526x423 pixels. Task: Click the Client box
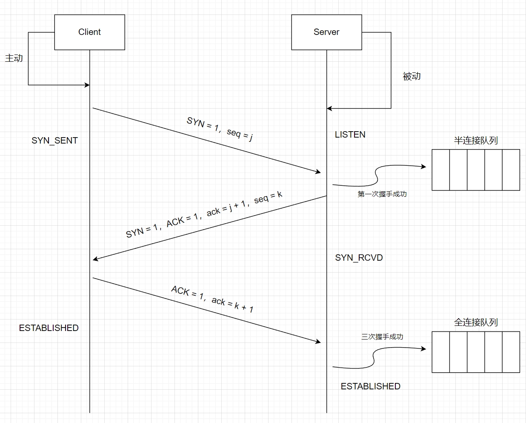click(89, 32)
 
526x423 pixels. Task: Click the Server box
click(326, 32)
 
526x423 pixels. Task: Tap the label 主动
click(14, 58)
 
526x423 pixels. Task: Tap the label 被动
click(412, 76)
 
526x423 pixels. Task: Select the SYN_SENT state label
click(54, 141)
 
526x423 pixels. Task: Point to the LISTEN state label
click(350, 135)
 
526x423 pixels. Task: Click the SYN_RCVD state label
click(359, 258)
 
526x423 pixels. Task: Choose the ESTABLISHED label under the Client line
click(49, 328)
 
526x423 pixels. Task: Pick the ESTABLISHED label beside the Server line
click(370, 386)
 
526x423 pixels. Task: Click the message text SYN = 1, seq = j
click(220, 128)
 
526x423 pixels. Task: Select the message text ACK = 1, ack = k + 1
click(212, 299)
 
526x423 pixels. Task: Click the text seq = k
click(269, 197)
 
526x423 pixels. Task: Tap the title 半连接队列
click(476, 141)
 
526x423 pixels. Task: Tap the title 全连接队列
click(476, 322)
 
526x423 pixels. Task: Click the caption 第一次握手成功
click(382, 194)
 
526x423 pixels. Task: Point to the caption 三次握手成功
click(382, 337)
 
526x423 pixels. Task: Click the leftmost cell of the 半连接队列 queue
click(441, 170)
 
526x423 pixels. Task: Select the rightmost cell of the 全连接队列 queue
click(511, 352)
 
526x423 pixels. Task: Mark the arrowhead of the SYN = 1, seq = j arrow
click(318, 172)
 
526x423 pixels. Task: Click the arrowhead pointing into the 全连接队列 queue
click(423, 349)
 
